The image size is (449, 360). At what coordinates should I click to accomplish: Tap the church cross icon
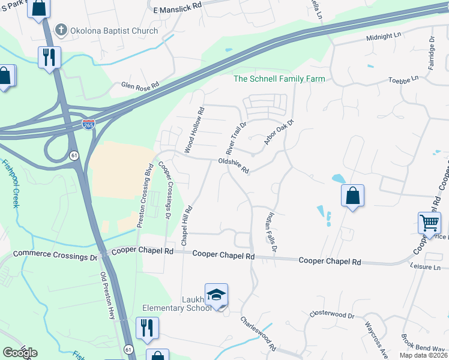pyautogui.click(x=61, y=30)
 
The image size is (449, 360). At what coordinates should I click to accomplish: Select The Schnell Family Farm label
pyautogui.click(x=279, y=79)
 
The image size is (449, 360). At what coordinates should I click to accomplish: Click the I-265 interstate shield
pyautogui.click(x=88, y=125)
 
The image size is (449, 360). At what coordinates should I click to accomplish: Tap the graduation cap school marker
pyautogui.click(x=216, y=295)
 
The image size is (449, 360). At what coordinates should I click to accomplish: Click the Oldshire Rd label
pyautogui.click(x=234, y=165)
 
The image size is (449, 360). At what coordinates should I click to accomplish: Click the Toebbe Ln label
pyautogui.click(x=403, y=79)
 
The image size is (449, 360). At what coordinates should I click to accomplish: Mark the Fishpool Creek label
pyautogui.click(x=10, y=183)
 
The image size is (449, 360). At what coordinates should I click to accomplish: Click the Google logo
pyautogui.click(x=20, y=352)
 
